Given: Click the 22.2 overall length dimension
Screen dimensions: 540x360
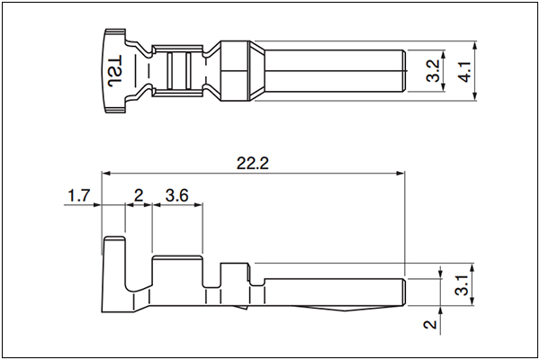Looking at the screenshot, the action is tap(252, 163).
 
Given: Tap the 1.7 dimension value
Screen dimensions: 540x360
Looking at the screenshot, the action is tap(78, 196).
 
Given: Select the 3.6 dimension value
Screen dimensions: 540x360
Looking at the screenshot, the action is tap(176, 195).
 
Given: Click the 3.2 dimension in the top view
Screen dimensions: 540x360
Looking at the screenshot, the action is tap(433, 70).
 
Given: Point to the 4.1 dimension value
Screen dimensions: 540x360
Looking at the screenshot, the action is tap(465, 72).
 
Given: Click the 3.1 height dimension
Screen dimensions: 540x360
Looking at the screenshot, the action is tap(463, 284).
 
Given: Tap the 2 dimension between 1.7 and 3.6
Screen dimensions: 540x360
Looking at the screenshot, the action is tap(139, 195).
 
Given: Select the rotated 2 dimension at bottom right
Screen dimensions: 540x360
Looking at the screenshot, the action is tap(430, 324).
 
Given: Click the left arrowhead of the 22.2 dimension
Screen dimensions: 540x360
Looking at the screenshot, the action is tap(105, 173).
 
